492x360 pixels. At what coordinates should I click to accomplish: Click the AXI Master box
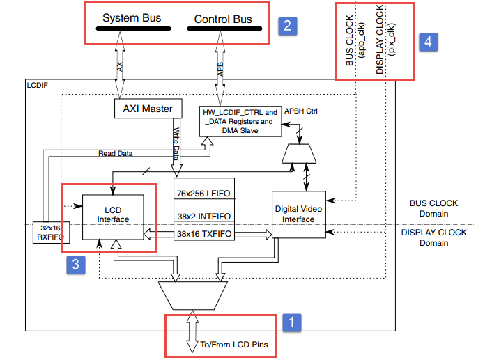point(148,108)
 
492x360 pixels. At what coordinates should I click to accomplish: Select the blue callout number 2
point(286,26)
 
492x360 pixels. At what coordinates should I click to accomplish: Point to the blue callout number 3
point(76,265)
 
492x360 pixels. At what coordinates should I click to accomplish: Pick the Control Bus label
point(224,19)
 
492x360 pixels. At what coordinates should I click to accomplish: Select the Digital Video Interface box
point(298,214)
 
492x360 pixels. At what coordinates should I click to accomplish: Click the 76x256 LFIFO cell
point(203,192)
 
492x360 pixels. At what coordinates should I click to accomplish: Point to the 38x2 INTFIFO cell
point(203,216)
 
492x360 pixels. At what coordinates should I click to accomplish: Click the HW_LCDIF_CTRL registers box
point(240,120)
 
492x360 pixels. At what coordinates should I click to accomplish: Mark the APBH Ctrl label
point(302,111)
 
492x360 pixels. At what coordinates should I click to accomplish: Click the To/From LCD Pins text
point(234,344)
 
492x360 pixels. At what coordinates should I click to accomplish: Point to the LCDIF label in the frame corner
point(39,86)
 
